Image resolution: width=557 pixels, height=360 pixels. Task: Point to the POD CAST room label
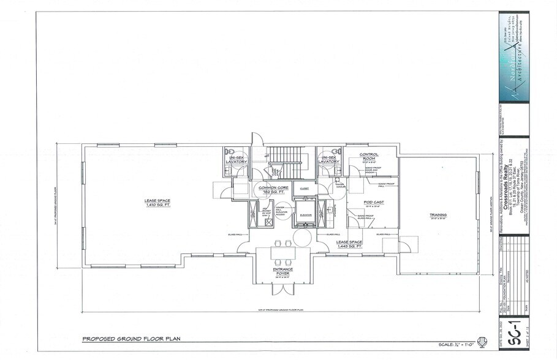(374, 201)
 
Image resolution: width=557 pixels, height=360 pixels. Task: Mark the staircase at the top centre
(287, 161)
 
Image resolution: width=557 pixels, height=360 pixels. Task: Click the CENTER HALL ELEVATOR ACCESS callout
(281, 212)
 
